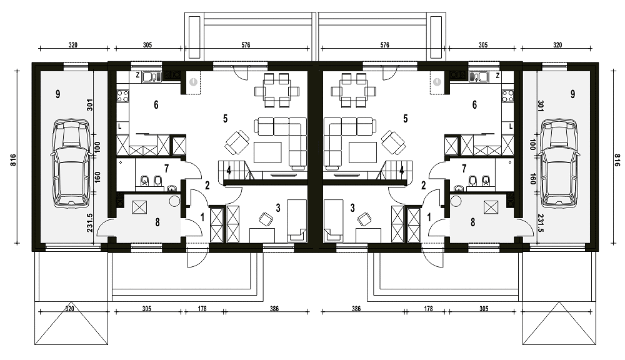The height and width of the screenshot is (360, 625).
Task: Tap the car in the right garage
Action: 559,164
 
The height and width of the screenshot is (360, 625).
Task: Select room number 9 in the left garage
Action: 58,94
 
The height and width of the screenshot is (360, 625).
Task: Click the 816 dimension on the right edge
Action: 617,160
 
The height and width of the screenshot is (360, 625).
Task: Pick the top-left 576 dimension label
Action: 246,45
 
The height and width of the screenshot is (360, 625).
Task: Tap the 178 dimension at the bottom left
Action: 202,309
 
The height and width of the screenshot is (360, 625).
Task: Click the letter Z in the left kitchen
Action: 137,75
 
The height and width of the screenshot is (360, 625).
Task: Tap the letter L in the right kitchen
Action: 511,127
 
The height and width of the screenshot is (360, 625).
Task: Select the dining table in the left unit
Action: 277,91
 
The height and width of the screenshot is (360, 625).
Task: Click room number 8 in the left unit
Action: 157,222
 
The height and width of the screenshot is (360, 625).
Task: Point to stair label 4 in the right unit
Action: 402,170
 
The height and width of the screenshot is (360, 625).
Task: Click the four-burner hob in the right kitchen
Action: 507,95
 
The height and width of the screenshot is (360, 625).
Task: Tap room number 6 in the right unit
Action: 474,105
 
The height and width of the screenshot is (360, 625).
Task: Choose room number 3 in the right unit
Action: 352,207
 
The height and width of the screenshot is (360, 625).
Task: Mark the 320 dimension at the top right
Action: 557,45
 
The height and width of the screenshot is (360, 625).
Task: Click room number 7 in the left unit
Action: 167,168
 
